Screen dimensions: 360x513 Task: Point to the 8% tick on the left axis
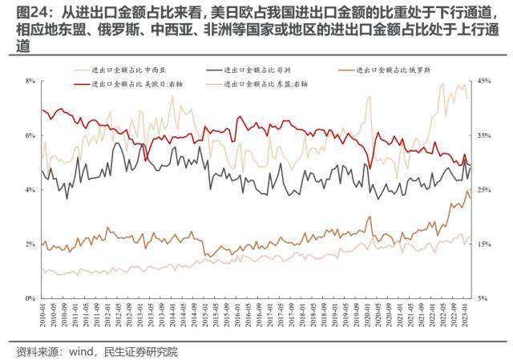pos(30,81)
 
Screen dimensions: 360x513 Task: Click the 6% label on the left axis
pos(30,136)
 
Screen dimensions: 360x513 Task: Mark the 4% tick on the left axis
pos(30,190)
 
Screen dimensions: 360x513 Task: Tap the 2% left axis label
pos(30,244)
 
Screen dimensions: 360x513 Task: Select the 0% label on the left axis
pos(30,298)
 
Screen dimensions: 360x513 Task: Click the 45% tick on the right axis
pos(483,81)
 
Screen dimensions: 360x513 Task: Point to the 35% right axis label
pos(483,136)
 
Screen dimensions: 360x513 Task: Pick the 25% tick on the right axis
pos(483,190)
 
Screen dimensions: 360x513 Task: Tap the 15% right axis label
pos(483,244)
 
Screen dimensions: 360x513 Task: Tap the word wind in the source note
pos(80,351)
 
